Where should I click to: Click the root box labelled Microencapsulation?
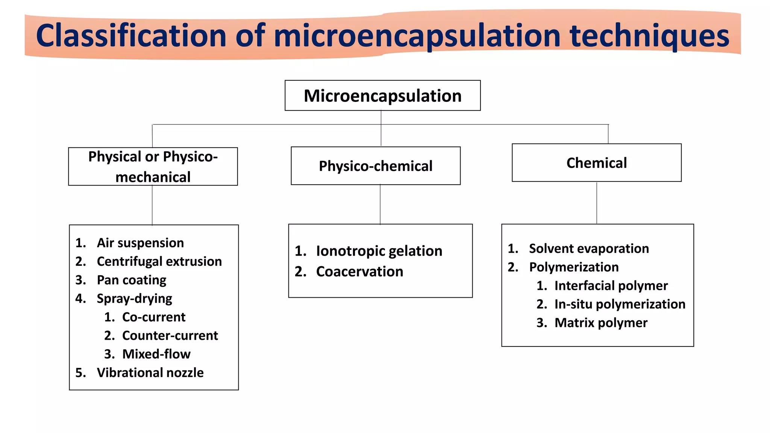pos(382,95)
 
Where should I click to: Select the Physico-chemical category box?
pos(376,166)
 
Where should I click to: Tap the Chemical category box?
pos(596,163)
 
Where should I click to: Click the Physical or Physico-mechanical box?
pos(153,167)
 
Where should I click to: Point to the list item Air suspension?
pos(140,243)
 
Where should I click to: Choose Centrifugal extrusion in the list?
pos(159,261)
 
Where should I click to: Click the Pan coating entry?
pos(131,280)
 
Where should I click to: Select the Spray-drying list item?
pos(134,298)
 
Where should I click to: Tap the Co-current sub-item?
pos(153,317)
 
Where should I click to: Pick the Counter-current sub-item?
pos(170,335)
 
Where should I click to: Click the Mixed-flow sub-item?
pos(156,354)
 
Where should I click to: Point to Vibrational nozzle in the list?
pos(150,372)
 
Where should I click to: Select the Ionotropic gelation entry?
pos(379,251)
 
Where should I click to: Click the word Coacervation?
pos(359,271)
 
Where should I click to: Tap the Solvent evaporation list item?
pos(589,248)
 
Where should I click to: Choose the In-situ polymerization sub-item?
pos(620,304)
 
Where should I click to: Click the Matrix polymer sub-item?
pos(601,323)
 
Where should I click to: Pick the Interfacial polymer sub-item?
pos(611,286)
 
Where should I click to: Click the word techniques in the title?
pos(649,36)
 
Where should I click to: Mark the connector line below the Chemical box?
pos(597,203)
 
